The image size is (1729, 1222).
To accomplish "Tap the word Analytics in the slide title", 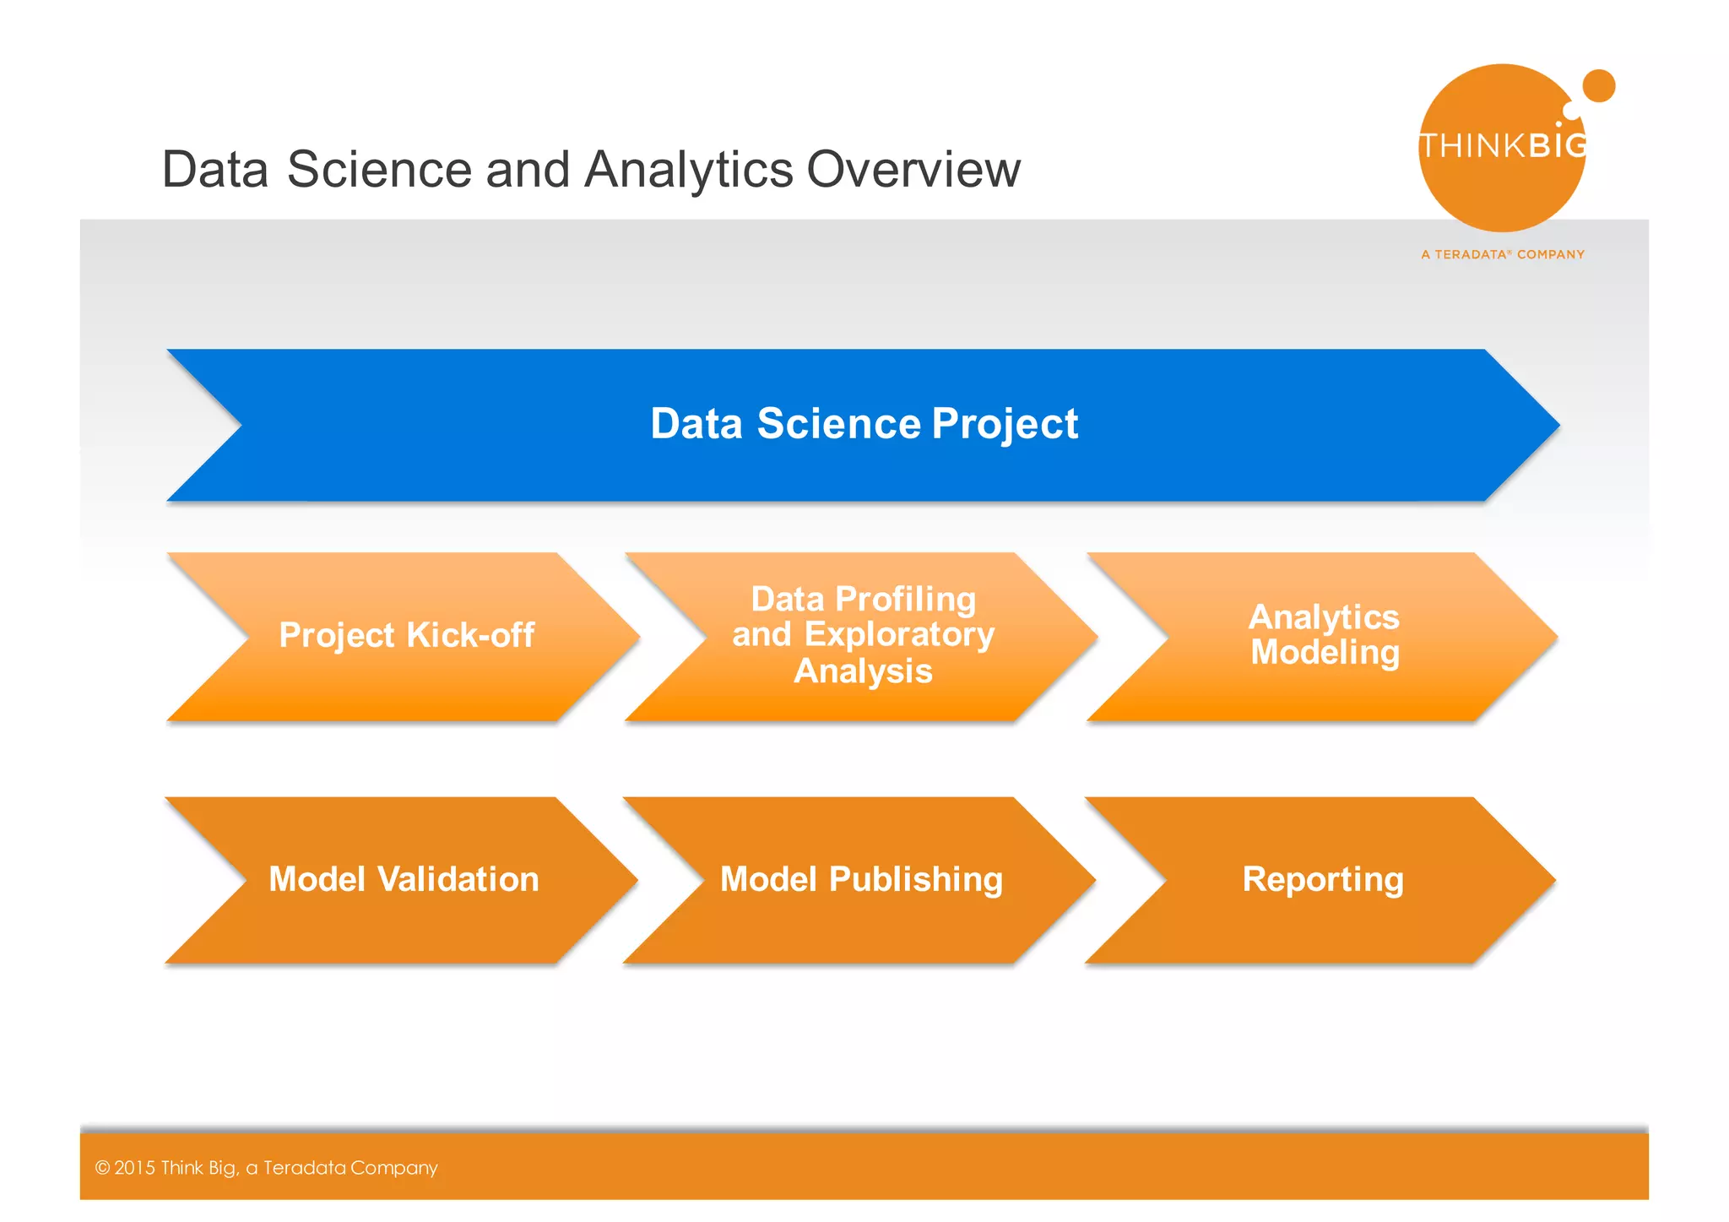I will click(x=688, y=170).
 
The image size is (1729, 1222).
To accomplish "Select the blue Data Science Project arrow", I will click(x=863, y=425).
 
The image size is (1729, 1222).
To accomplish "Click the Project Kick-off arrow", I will click(x=405, y=636).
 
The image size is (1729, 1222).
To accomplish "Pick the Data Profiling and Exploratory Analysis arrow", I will click(x=863, y=636).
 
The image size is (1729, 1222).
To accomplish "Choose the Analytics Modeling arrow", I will click(x=1323, y=636).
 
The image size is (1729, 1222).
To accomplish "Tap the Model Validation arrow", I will click(x=404, y=880).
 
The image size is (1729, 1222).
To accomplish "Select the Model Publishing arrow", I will click(x=861, y=880).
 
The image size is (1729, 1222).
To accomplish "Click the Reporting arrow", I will click(x=1322, y=880).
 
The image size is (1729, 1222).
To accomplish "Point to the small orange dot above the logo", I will click(x=1598, y=86).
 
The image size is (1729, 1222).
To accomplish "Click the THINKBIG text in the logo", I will click(x=1503, y=146).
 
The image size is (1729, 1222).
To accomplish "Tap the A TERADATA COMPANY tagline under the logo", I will click(x=1503, y=254).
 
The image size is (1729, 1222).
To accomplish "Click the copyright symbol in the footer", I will click(x=103, y=1168).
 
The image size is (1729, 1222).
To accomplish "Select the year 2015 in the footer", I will click(x=135, y=1168).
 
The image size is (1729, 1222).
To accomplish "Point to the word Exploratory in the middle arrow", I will click(x=899, y=635).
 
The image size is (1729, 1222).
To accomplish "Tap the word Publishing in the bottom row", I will click(x=916, y=880).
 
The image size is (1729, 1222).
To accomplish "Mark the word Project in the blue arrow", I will click(x=1005, y=425).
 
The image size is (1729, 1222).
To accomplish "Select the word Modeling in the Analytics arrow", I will click(x=1325, y=653).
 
